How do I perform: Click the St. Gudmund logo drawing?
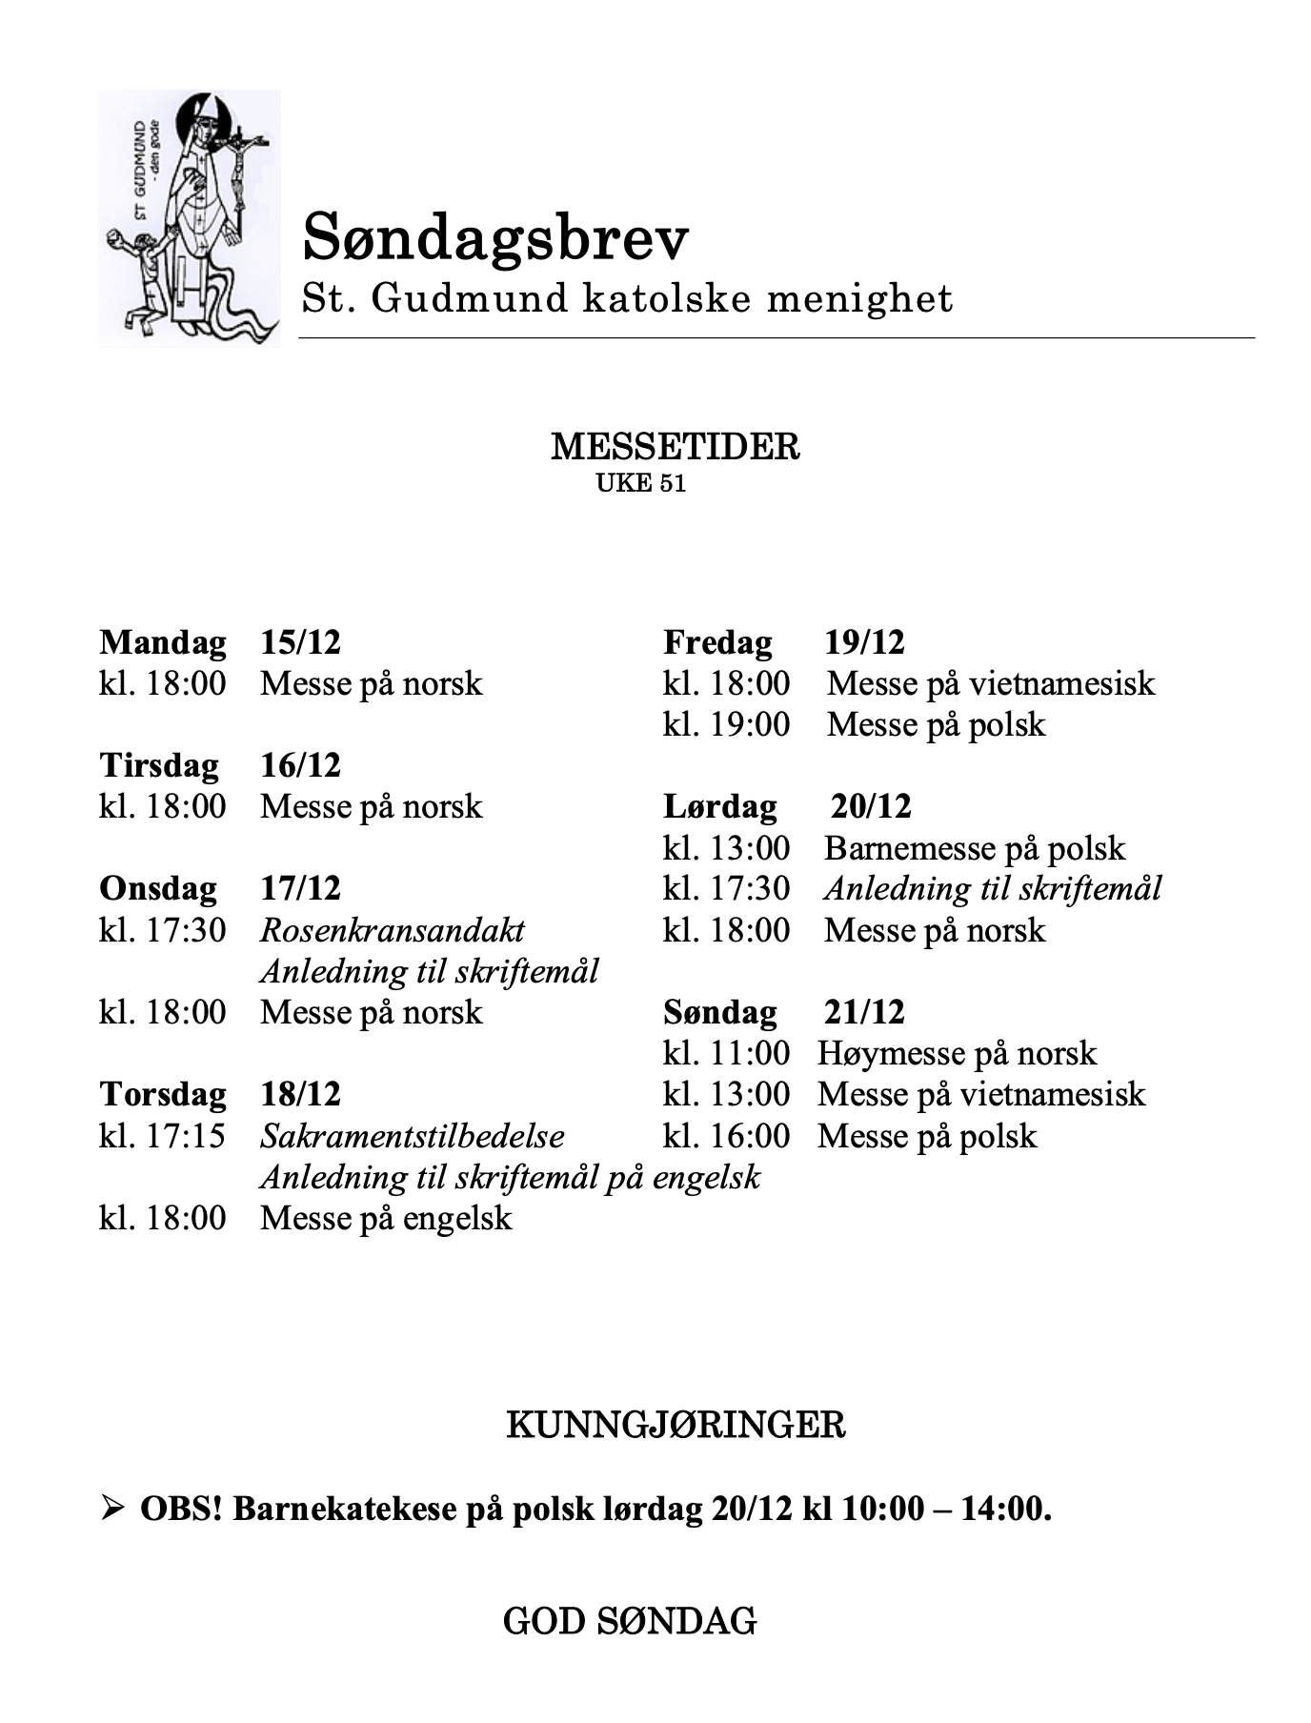[189, 217]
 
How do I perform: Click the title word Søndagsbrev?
[494, 238]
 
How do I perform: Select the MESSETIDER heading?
[675, 446]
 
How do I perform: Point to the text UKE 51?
[640, 483]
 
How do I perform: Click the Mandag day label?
[162, 642]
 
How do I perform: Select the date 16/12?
[300, 765]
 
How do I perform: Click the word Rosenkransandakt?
[392, 930]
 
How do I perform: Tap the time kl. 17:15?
[162, 1136]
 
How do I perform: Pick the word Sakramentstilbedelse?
[412, 1136]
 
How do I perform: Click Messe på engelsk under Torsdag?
[386, 1218]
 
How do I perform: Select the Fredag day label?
[717, 642]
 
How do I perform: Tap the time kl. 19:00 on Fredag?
[726, 724]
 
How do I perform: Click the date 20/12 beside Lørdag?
[871, 807]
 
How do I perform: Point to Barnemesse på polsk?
[974, 848]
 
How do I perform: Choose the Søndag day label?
[719, 1012]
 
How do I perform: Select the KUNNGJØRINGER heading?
[675, 1426]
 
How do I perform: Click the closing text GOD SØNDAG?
[630, 1620]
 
